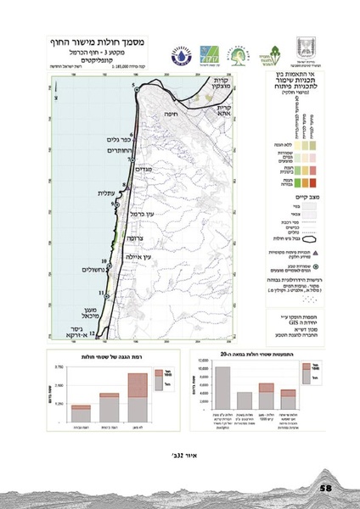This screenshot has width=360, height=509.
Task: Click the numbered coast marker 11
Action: click(x=101, y=293)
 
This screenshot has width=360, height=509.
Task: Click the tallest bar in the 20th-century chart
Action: click(x=222, y=389)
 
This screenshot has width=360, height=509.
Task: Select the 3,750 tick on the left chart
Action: click(x=59, y=366)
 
